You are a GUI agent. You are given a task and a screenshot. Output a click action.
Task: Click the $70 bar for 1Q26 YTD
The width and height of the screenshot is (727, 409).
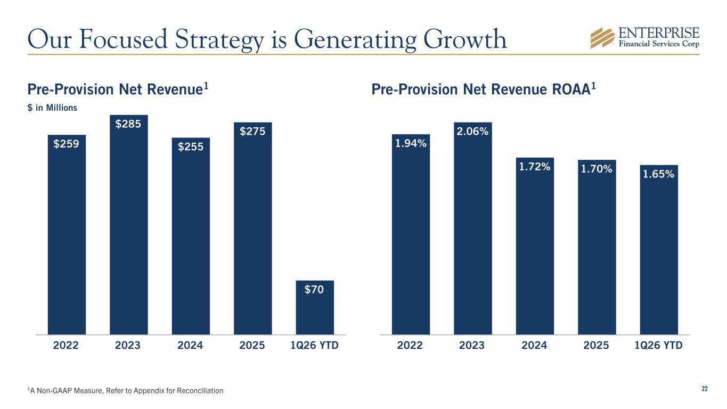coord(315,307)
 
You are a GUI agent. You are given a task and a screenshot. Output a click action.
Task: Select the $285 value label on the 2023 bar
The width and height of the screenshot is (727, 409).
coord(128,124)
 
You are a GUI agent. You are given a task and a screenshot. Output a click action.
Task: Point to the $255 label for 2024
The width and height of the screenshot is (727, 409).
coord(191,146)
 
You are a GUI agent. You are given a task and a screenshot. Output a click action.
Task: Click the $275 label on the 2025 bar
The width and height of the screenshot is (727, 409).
coord(252,131)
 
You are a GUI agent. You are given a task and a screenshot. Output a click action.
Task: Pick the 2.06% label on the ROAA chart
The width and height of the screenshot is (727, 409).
coord(472,131)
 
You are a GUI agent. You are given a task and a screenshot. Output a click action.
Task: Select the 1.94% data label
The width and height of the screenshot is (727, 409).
coord(411,143)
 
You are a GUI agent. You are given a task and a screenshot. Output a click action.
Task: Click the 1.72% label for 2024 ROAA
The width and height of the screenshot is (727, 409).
coord(535,167)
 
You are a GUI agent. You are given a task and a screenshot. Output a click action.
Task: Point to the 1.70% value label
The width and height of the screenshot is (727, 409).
coord(597,169)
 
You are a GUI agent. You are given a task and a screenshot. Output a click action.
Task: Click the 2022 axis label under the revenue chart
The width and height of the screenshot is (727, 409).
coord(66,345)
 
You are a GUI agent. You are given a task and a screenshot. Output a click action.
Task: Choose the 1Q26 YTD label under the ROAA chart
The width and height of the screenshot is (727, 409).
coord(659,345)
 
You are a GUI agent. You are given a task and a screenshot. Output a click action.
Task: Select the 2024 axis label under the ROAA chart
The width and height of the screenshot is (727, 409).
coord(534,345)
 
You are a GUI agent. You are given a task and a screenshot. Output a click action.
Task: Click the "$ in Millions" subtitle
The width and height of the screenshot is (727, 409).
coord(52,108)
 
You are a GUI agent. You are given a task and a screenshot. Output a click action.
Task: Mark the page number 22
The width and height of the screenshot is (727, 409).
coord(704,389)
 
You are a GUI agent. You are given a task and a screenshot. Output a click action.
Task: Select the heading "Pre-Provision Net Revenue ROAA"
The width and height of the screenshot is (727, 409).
coord(483,89)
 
